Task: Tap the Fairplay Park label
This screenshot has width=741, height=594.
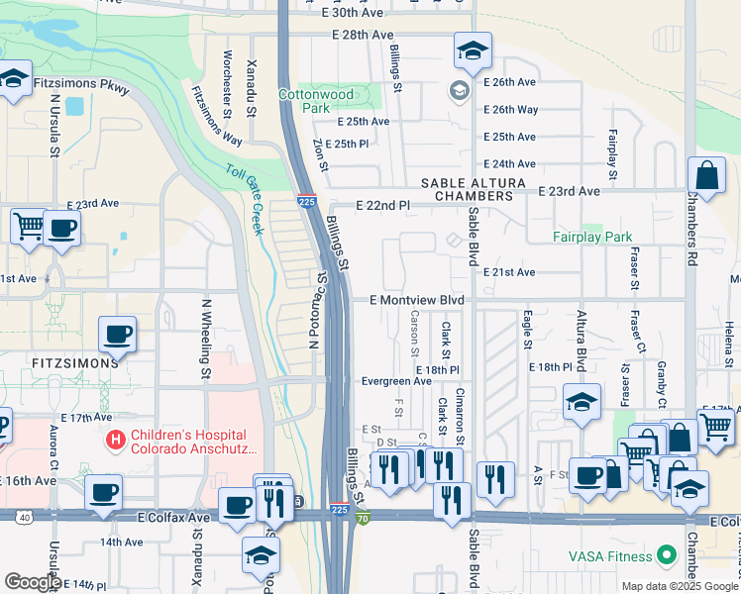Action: pos(592,238)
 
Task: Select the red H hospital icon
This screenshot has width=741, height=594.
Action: pos(116,437)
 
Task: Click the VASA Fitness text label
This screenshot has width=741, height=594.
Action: pos(608,555)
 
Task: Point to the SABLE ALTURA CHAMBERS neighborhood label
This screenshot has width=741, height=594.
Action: pos(468,190)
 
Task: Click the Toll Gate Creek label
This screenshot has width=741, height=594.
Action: pos(244,198)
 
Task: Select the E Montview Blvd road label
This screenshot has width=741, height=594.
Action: pos(417,300)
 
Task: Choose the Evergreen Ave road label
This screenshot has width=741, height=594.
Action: pos(396,380)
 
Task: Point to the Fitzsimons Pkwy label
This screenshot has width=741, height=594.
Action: pos(81,86)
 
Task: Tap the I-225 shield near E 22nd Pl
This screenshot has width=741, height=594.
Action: pos(307,201)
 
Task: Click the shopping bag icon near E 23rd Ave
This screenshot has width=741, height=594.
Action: pos(708,177)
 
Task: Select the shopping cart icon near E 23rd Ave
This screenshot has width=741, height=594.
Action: pos(29,225)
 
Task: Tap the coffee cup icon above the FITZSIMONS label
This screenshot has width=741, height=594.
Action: pos(118,335)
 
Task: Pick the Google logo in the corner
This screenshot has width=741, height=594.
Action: pos(33,582)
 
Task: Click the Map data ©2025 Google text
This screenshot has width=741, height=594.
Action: pos(679,586)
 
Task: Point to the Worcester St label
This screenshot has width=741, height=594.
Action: pos(227,68)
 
